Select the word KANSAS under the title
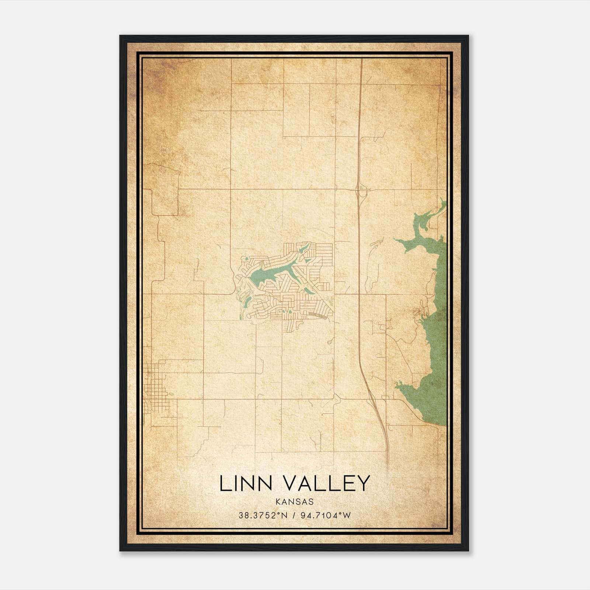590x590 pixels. pos(294,502)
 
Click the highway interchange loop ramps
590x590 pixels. pos(360,191)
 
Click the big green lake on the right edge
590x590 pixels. pos(435,332)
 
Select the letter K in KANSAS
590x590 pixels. pos(277,502)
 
